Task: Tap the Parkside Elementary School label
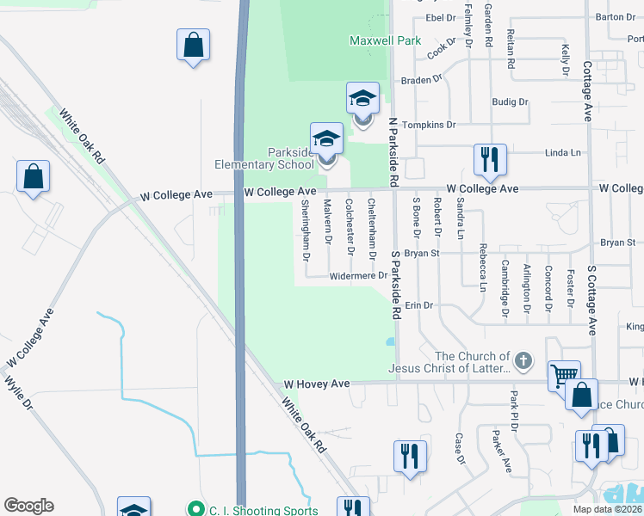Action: [x=265, y=158]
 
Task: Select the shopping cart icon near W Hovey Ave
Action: [x=564, y=376]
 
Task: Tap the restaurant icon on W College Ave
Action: [x=489, y=159]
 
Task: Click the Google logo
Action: [x=28, y=506]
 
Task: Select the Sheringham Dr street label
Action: [x=306, y=230]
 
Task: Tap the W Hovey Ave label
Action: [x=317, y=384]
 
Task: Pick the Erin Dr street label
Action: [x=418, y=305]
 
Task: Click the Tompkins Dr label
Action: [x=429, y=125]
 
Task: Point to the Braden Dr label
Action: [x=421, y=80]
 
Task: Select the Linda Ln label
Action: [x=563, y=153]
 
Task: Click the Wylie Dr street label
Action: [x=18, y=391]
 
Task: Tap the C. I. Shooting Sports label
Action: [x=263, y=510]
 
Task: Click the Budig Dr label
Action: [x=510, y=101]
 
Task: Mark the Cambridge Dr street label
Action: [x=505, y=288]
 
